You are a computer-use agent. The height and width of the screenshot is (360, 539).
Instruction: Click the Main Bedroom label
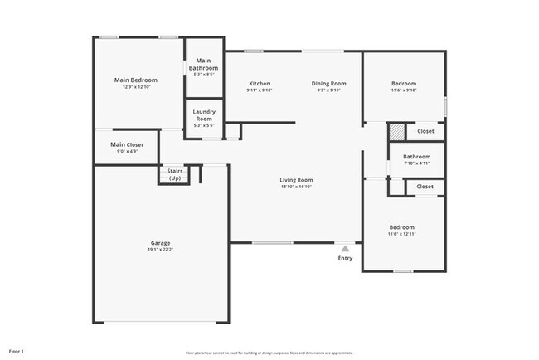[135, 80]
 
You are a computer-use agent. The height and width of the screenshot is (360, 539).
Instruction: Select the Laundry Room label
[203, 115]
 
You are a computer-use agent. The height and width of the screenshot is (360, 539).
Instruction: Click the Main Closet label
[127, 144]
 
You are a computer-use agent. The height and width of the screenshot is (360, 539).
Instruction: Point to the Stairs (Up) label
[175, 174]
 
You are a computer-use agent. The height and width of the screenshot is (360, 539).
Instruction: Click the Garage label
[160, 243]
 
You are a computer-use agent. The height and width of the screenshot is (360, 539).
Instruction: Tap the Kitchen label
[259, 84]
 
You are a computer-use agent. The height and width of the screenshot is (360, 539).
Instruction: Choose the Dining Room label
[328, 84]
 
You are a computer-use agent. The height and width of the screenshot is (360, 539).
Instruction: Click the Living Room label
[296, 180]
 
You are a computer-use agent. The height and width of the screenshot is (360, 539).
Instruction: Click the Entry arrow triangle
[345, 247]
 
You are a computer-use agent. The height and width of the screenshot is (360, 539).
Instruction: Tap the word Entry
[345, 258]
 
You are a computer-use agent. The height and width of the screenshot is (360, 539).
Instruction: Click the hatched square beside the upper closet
[397, 131]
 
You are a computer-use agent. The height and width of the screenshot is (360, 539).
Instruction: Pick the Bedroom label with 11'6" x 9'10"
[404, 84]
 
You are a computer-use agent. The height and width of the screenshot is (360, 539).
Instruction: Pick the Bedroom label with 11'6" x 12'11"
[402, 227]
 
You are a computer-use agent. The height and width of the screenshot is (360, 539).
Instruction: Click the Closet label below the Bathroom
[425, 187]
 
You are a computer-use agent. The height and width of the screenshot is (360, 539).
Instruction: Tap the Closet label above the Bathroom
[425, 131]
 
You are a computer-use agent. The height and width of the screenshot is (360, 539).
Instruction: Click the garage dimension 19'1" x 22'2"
[160, 250]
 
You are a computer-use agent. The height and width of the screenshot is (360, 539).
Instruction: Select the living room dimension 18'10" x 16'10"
[296, 187]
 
